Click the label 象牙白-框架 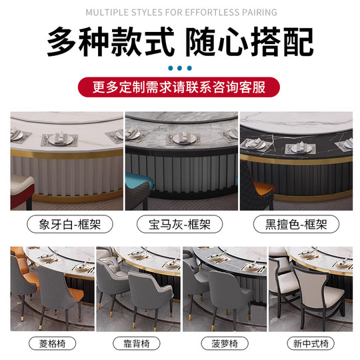(65, 224)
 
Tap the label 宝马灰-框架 (179, 224)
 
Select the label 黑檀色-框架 (294, 224)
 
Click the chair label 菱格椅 (50, 344)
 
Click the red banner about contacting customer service (179, 87)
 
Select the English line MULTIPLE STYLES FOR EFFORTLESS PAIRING (179, 12)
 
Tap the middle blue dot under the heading (179, 67)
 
